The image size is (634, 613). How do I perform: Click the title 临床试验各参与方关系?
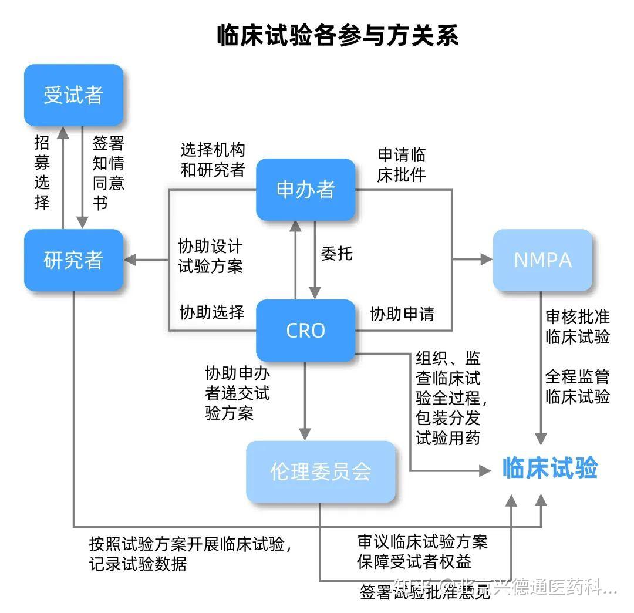(338, 36)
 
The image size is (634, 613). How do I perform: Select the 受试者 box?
(73, 95)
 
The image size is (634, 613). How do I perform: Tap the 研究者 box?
(73, 260)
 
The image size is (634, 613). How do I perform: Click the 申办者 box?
(306, 190)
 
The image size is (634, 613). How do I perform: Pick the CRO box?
(306, 331)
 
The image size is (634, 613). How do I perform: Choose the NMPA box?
(542, 260)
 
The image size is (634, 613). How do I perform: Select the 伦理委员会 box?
(321, 471)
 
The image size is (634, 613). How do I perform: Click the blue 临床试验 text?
(550, 469)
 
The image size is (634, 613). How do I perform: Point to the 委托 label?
(337, 254)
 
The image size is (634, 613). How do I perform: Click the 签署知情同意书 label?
(108, 173)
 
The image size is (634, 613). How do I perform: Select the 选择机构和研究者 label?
(213, 160)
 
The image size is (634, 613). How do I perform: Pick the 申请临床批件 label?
(402, 165)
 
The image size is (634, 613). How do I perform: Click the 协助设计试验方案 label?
(210, 256)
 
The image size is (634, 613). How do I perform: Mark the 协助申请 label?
(402, 314)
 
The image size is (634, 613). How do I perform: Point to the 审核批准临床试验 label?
(578, 327)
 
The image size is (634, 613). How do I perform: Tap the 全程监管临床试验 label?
(578, 386)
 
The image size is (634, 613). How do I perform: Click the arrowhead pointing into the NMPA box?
(486, 260)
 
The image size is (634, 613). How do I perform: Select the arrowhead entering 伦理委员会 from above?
(305, 434)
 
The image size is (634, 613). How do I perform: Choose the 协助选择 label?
(212, 312)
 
